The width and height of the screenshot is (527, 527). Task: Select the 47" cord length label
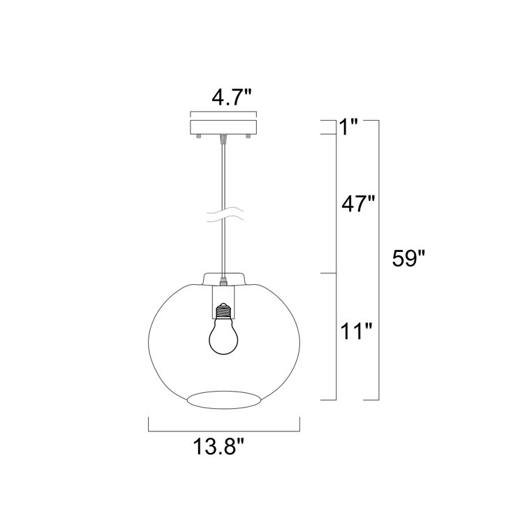click(357, 205)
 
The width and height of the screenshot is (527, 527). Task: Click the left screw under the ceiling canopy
click(200, 135)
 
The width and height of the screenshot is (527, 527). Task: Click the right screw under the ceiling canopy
click(247, 135)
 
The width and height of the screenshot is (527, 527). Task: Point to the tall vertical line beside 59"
click(378, 260)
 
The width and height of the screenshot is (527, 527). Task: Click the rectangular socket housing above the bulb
click(224, 297)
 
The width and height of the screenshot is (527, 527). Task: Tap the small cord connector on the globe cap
click(224, 282)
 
